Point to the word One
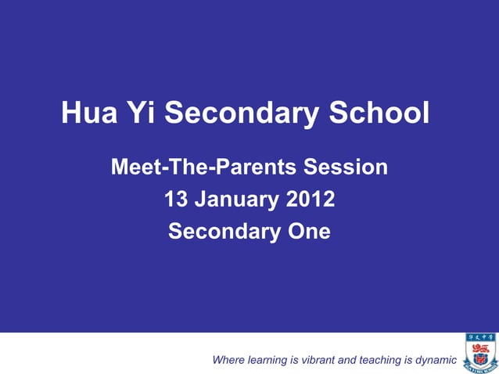coord(303,232)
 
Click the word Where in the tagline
coord(228,360)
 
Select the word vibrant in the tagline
coord(317,360)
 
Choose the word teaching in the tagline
coord(380,360)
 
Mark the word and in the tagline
coord(346,360)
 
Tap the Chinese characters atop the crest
coord(479,337)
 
